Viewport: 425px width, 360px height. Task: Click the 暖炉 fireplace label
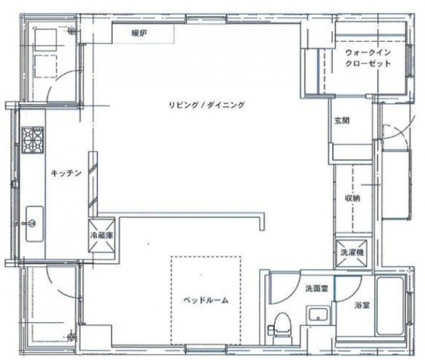click(139, 33)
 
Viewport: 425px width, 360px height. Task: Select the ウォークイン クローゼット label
click(368, 58)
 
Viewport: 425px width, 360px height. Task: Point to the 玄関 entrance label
click(342, 121)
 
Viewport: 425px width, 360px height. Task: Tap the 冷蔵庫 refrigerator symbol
click(101, 236)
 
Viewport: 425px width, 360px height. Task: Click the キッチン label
click(65, 173)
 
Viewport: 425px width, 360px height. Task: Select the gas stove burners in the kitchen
click(32, 139)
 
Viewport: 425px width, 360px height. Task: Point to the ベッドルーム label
click(206, 300)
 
